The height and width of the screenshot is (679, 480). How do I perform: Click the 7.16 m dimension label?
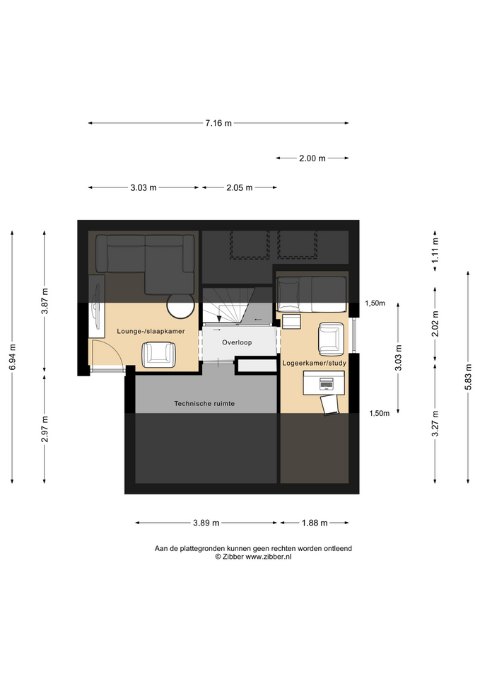tap(218, 123)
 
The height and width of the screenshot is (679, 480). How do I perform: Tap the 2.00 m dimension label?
tap(312, 158)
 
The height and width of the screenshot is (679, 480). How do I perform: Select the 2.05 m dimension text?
tap(240, 188)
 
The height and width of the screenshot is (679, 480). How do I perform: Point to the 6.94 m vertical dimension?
tap(13, 356)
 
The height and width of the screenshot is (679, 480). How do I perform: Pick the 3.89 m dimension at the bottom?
tap(206, 523)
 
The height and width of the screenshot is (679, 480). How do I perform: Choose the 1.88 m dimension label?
tap(315, 523)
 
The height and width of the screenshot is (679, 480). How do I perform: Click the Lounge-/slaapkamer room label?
tap(151, 331)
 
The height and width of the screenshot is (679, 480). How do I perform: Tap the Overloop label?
tap(237, 342)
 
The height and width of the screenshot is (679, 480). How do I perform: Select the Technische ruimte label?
tap(204, 404)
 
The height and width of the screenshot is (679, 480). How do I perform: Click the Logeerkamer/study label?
tap(315, 363)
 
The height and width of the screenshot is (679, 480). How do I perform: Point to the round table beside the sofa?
tap(180, 305)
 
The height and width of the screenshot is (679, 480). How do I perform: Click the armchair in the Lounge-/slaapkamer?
tap(159, 354)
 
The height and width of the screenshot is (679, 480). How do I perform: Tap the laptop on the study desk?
tap(326, 383)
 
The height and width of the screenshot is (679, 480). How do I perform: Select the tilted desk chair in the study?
tap(330, 405)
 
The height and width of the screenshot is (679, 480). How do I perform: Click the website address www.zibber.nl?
tap(269, 557)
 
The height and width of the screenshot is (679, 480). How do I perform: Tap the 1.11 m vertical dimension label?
tap(435, 250)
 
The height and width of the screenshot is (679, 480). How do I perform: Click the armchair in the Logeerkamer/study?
tap(331, 339)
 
